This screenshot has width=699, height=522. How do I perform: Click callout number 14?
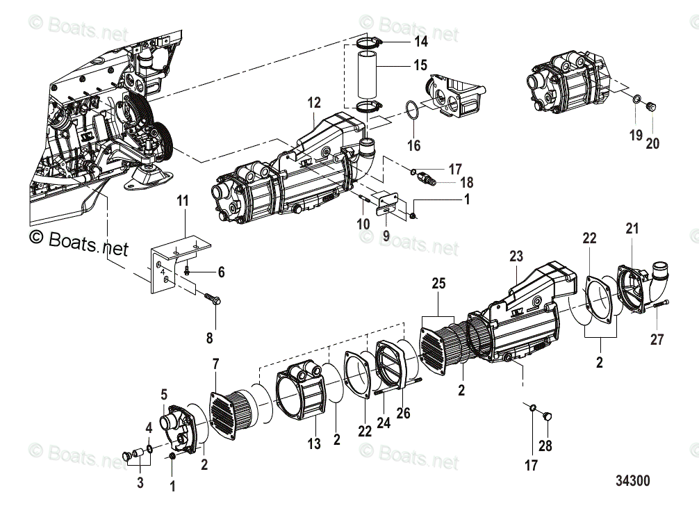coord(421,42)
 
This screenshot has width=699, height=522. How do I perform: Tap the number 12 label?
coord(314,103)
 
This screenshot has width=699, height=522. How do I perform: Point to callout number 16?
coord(414,146)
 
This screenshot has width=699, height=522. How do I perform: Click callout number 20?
coord(652,144)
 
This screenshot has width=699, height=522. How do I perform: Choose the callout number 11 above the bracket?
coord(182,202)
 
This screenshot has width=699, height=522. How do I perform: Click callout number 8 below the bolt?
coord(209,339)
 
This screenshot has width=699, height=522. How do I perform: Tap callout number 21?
coord(632,228)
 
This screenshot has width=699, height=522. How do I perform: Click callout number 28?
coord(545,445)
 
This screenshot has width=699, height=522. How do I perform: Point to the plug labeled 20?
coord(651,107)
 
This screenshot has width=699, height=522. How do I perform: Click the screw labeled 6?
coord(188,272)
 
